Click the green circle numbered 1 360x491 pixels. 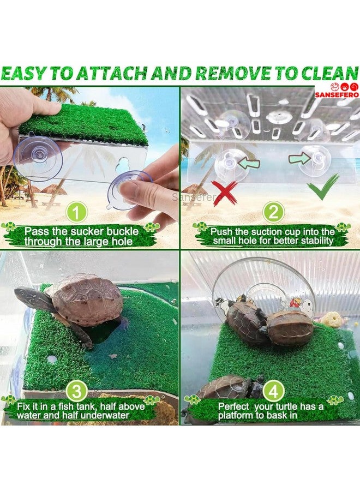[x=76, y=212]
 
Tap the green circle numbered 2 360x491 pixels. [x=274, y=212]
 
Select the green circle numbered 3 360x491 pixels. [x=76, y=391]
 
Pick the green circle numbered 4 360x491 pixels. [x=274, y=391]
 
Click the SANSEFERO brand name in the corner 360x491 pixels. [x=337, y=94]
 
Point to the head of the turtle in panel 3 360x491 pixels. [x=26, y=296]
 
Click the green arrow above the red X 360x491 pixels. [x=249, y=163]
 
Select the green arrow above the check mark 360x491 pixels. [x=299, y=158]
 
